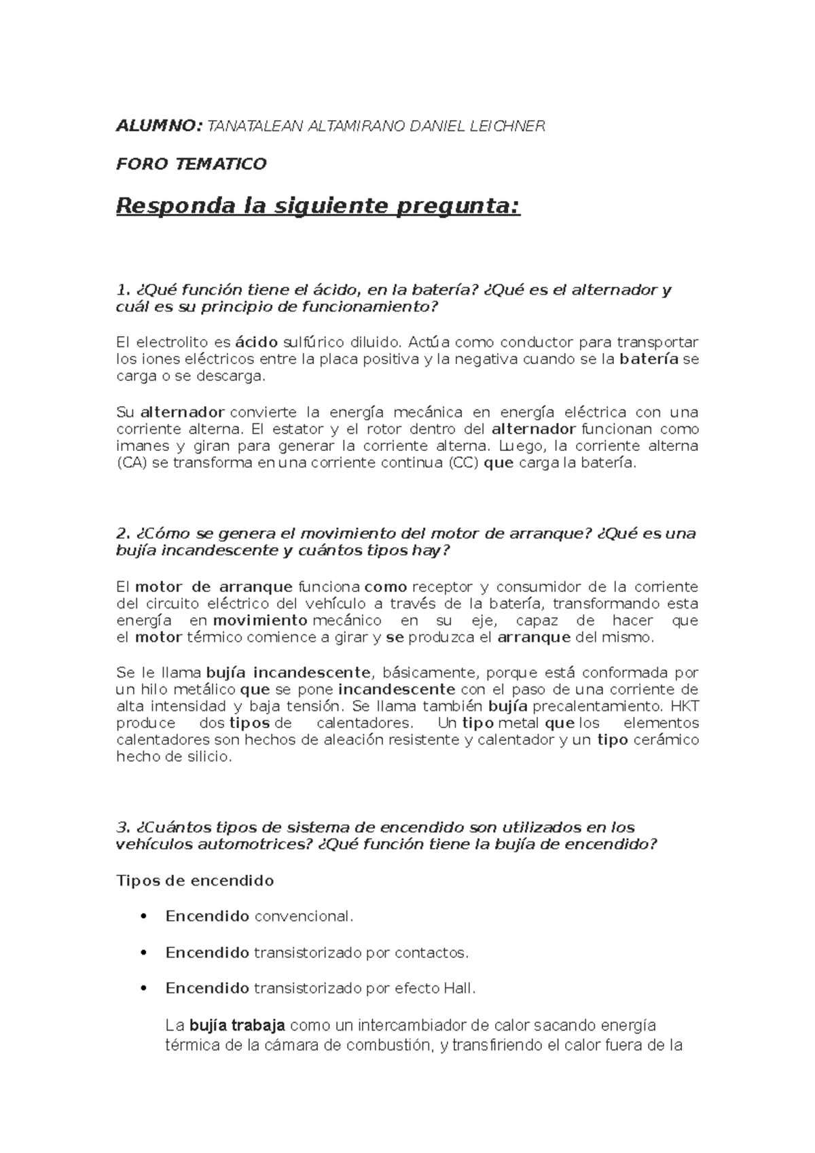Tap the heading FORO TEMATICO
click(192, 164)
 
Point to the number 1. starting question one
click(123, 290)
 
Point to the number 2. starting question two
click(123, 533)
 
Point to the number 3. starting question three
click(123, 827)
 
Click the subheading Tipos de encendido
click(195, 881)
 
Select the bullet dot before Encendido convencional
click(143, 917)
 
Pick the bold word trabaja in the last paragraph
click(258, 1025)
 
